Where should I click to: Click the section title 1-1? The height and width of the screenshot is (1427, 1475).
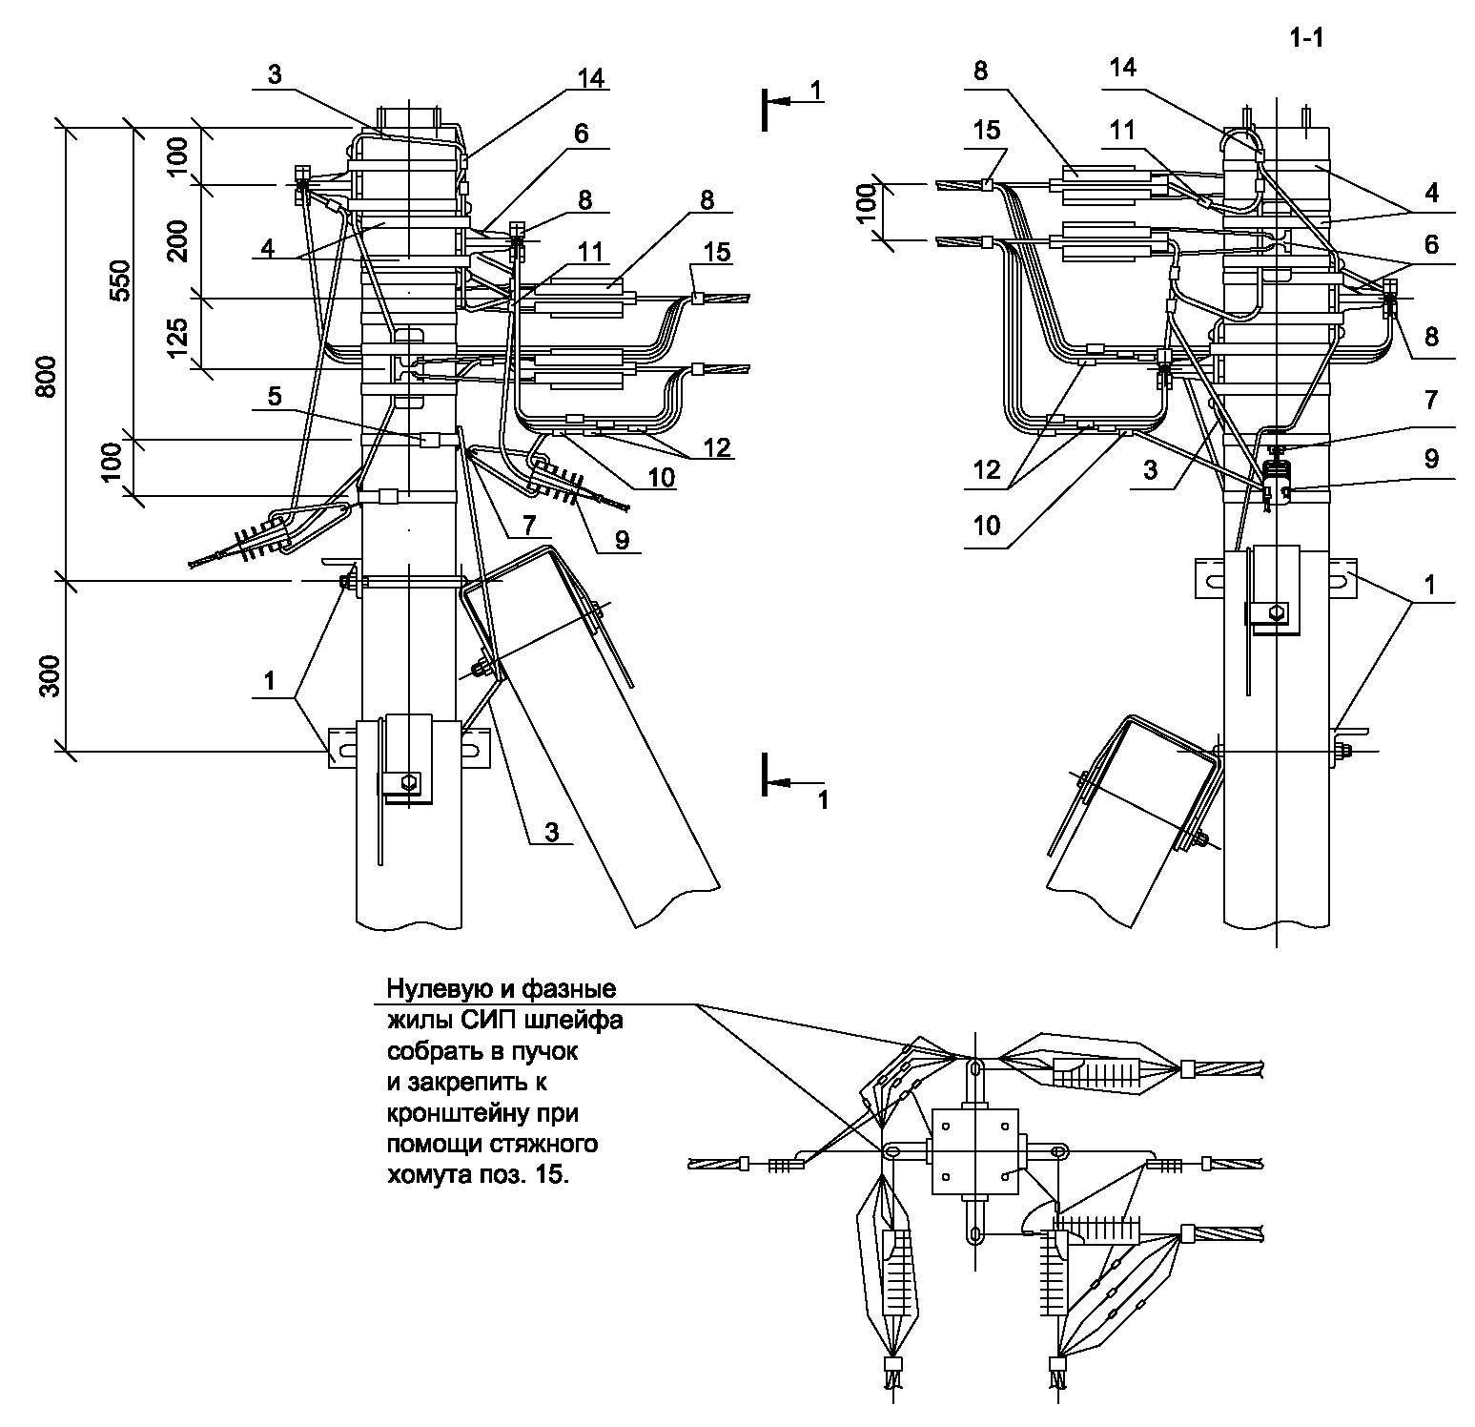tap(1307, 37)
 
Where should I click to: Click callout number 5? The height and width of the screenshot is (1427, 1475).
tap(275, 395)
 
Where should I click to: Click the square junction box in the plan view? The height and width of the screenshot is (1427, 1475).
tap(976, 1150)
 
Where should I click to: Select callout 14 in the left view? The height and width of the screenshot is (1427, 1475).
tap(590, 79)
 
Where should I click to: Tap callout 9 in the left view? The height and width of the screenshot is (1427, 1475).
tap(621, 540)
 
